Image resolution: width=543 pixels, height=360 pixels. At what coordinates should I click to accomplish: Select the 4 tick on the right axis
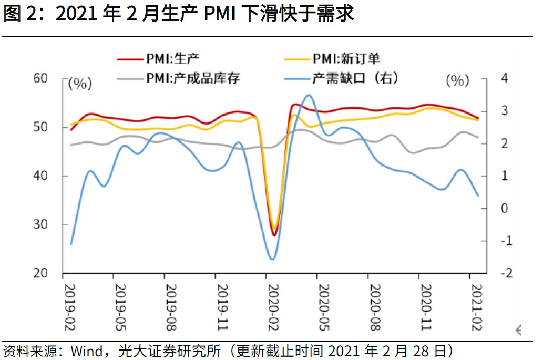[x=505, y=78]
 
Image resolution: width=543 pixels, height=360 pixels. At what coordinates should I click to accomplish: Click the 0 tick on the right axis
[x=505, y=209]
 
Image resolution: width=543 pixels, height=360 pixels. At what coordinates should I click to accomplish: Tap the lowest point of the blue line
[x=272, y=259]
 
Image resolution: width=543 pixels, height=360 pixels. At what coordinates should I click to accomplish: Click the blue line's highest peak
[x=309, y=95]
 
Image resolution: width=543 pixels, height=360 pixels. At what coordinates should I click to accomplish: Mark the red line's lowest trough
[x=274, y=235]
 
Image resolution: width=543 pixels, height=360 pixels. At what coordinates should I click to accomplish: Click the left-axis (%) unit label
[x=80, y=83]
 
